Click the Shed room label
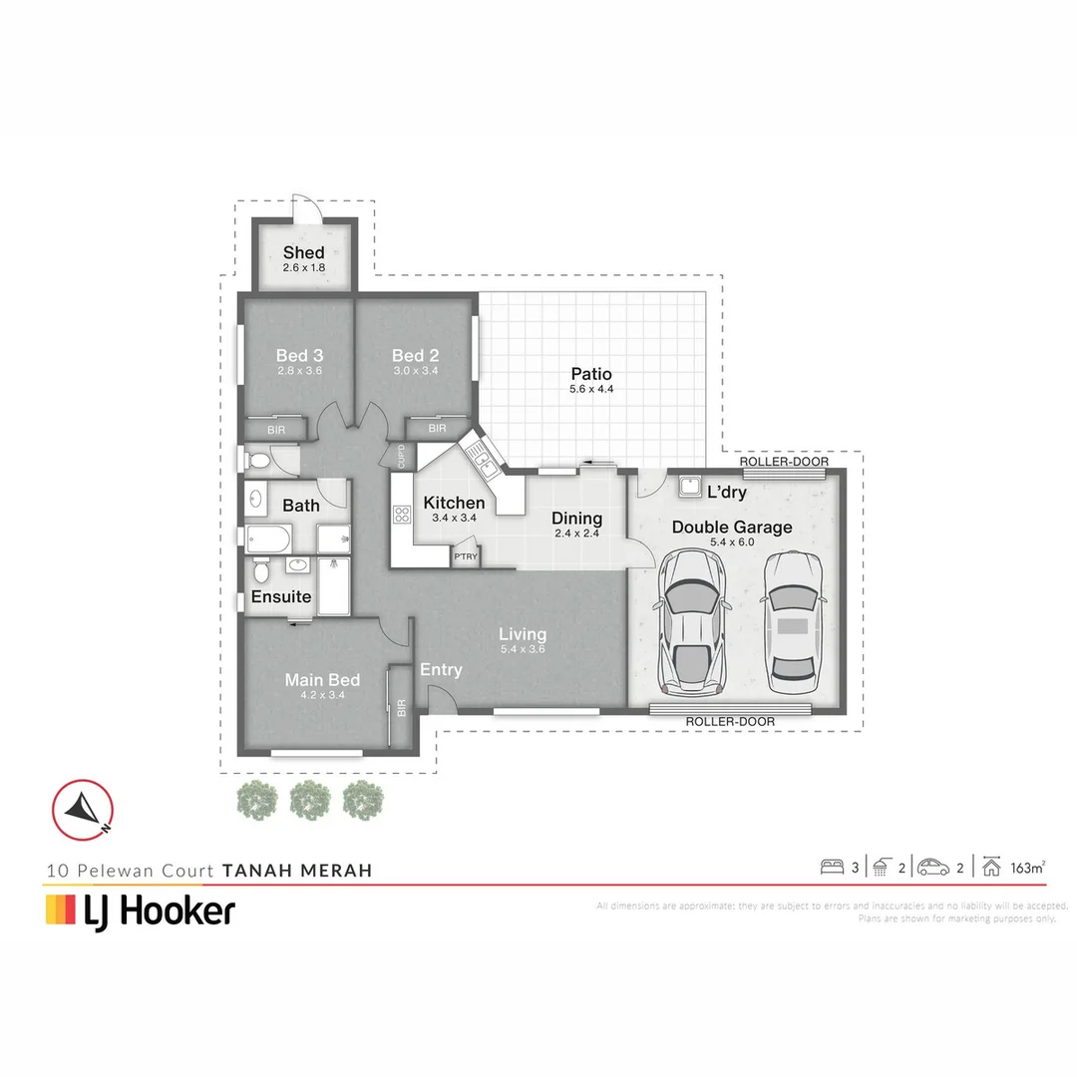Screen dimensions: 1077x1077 (303, 252)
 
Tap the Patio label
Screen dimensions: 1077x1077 (591, 374)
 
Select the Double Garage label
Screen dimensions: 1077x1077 (732, 528)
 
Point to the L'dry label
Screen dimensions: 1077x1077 (727, 493)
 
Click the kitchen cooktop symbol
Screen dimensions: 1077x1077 (403, 516)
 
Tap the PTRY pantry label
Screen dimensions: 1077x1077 (465, 556)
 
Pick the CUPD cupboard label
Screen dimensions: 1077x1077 (401, 457)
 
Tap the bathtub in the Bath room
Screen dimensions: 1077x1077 (268, 539)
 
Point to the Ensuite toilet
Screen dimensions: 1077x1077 (261, 571)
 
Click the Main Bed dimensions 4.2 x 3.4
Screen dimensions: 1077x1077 (322, 695)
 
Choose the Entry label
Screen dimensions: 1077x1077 (441, 670)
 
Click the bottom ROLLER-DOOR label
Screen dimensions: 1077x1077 (731, 721)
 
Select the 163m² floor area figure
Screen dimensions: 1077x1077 (1027, 868)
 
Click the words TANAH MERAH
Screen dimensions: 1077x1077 (297, 871)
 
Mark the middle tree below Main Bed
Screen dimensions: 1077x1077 (309, 800)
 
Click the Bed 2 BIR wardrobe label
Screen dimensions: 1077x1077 (438, 429)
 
